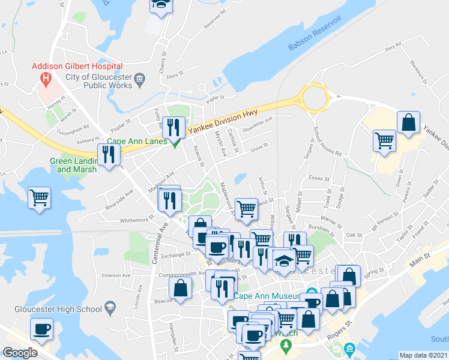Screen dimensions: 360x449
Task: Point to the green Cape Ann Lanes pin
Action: [x=175, y=143]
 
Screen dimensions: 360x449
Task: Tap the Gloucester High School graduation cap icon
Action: [x=110, y=309]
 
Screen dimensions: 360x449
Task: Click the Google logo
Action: [x=20, y=353]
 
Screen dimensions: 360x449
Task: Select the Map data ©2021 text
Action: [x=423, y=355]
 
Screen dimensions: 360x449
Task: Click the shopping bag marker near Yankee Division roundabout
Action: [x=408, y=123]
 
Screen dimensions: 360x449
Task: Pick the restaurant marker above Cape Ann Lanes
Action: [x=172, y=127]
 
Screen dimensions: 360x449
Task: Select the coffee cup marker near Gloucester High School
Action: [x=42, y=329]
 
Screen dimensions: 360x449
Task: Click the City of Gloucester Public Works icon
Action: [x=139, y=77]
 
